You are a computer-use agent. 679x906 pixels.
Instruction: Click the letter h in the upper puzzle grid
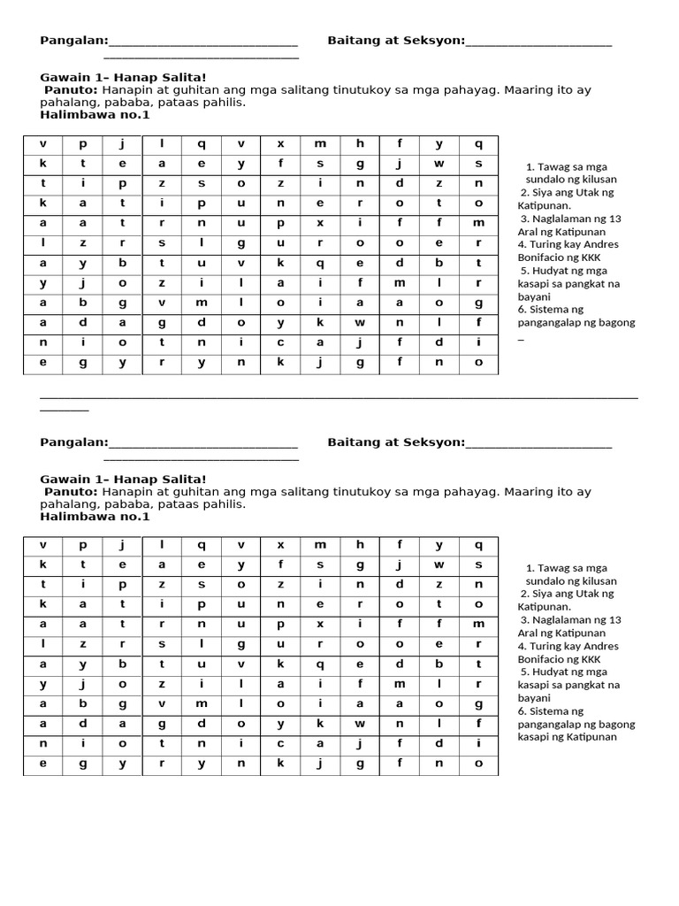point(360,144)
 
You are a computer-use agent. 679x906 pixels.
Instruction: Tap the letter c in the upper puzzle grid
point(281,342)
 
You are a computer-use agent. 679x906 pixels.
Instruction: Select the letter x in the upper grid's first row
point(281,144)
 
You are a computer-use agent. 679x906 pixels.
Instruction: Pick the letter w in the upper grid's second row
point(439,164)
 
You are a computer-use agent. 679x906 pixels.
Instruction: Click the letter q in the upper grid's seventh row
point(320,263)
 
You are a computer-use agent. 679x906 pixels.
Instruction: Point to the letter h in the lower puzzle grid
point(360,545)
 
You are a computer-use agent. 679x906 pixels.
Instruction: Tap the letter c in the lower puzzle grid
point(281,743)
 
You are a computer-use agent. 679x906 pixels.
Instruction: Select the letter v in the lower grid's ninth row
point(162,703)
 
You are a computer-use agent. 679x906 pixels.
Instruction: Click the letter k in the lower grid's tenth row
point(320,724)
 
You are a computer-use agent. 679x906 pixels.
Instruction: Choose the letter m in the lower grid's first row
point(320,545)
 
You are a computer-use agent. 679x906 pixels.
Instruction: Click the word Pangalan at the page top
point(74,41)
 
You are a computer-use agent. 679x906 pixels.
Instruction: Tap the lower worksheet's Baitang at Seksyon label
point(395,442)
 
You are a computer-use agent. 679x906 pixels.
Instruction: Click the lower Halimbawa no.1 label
point(95,517)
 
